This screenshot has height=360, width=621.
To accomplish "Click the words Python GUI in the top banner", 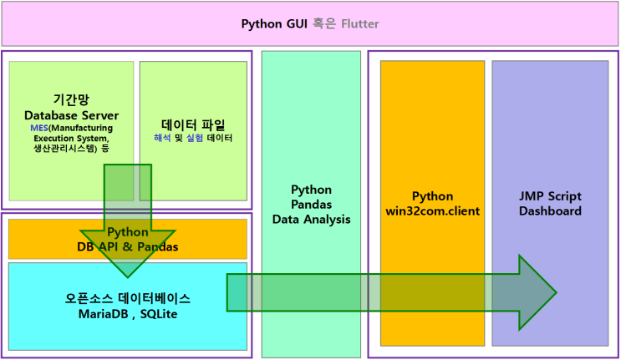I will tap(275, 23).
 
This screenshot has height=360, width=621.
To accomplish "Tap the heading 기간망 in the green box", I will tap(71, 99).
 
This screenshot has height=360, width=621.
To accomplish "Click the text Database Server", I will tap(71, 114).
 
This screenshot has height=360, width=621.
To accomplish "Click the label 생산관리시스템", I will tap(60, 148).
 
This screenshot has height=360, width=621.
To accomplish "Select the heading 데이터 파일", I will tap(193, 122).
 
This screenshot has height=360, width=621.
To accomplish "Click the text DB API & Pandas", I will tap(128, 246).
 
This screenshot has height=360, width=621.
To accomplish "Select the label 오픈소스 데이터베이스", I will tap(128, 297).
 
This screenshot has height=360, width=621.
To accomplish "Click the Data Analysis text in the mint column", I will tap(311, 219).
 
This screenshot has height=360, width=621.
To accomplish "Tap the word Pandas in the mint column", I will tap(311, 205).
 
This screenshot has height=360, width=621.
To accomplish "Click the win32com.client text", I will tap(432, 210).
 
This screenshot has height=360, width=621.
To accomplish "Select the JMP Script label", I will tap(549, 196).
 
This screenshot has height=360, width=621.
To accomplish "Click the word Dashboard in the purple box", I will tap(549, 210).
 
